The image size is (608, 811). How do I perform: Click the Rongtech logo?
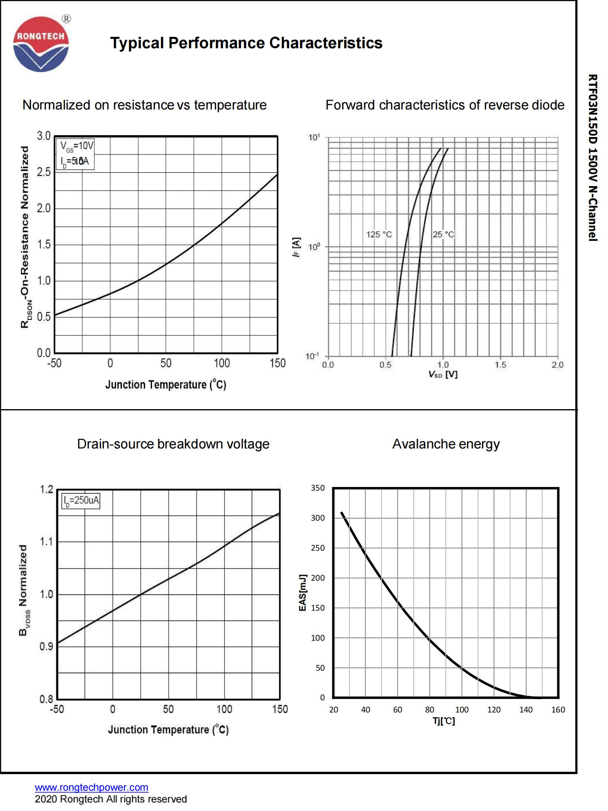coord(41,44)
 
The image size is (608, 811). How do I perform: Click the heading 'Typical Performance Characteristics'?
coord(246,43)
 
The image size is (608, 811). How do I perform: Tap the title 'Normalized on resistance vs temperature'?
coord(144,105)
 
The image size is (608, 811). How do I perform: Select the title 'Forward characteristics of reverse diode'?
coord(445,105)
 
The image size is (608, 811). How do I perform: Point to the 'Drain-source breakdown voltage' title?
coord(173,444)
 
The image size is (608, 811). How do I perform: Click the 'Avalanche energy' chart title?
coord(445,444)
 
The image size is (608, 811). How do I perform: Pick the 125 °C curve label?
coord(379,234)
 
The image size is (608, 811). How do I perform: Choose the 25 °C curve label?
coord(443,234)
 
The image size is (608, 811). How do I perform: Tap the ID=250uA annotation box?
coord(81,500)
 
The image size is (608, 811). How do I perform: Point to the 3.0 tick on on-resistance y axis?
coord(44,136)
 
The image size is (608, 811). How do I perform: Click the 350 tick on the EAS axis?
coord(318,488)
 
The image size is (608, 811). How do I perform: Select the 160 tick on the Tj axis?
coord(558,710)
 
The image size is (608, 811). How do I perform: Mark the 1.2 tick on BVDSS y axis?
coord(46,489)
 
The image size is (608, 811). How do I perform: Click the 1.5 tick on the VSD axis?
coord(500,365)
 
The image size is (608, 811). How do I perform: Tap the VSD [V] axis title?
coord(443,374)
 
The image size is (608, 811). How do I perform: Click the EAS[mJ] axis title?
coord(302,592)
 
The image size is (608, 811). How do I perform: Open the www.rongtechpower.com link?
coord(92,787)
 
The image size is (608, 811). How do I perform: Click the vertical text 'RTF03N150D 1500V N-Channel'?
coord(593,158)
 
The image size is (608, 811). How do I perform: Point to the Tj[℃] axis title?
coord(444,721)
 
